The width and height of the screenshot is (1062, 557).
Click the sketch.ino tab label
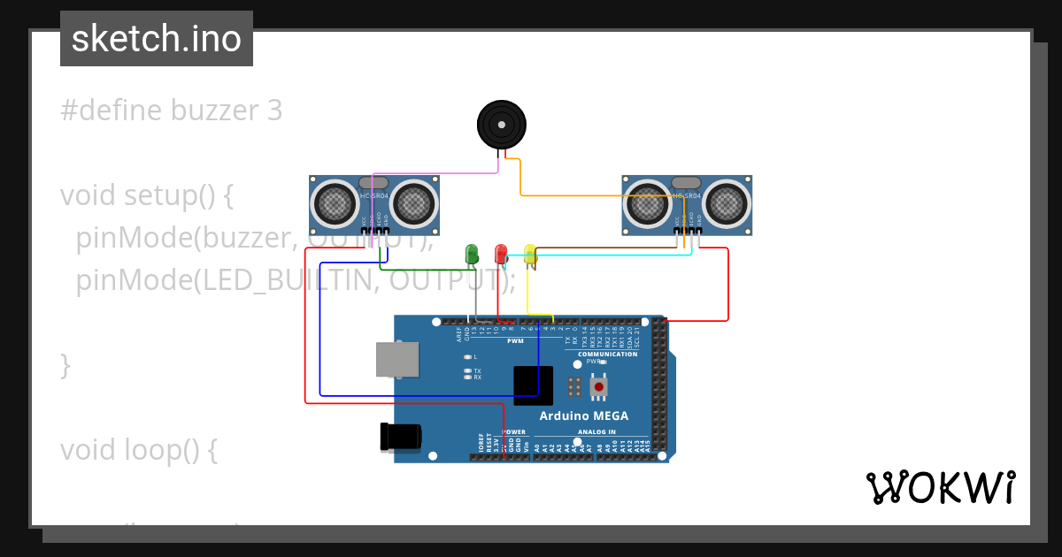156,39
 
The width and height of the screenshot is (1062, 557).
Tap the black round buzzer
501,125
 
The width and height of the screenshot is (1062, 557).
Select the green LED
472,254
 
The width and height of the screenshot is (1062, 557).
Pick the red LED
501,254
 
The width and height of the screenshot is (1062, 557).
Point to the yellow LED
530,255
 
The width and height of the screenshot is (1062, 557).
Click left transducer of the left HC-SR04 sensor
335,203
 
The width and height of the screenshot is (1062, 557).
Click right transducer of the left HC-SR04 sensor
412,203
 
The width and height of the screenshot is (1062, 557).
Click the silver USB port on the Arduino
397,360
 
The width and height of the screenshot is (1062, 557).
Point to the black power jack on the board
401,437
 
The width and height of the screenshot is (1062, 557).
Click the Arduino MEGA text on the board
584,416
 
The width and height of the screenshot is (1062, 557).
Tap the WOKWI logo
940,488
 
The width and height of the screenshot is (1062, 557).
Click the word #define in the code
111,111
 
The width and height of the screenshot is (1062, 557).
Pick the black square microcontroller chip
533,385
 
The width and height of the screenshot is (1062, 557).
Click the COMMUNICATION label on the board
607,354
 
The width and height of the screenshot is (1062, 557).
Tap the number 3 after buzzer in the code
274,111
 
